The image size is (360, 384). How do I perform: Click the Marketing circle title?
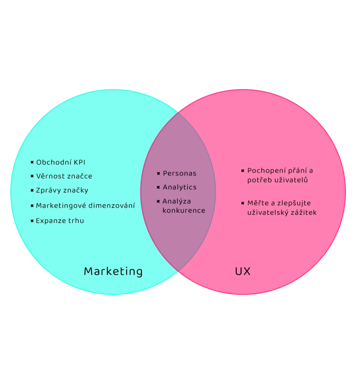click(113, 271)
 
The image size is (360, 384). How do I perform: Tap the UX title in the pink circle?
click(242, 271)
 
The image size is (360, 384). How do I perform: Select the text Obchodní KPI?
click(61, 162)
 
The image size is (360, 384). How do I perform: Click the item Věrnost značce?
click(64, 176)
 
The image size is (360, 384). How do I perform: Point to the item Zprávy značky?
click(62, 191)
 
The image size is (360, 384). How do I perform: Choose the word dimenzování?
click(112, 206)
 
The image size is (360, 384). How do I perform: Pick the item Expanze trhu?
click(60, 221)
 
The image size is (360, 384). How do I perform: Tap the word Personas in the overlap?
click(179, 174)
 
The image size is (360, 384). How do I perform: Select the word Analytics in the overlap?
click(179, 187)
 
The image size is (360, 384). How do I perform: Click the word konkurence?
click(184, 210)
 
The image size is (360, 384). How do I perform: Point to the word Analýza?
click(177, 201)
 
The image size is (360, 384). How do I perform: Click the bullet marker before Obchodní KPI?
click(32, 162)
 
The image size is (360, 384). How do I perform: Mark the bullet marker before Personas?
click(158, 174)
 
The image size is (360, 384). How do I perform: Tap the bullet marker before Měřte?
click(243, 203)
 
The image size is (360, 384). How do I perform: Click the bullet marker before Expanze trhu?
click(32, 221)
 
